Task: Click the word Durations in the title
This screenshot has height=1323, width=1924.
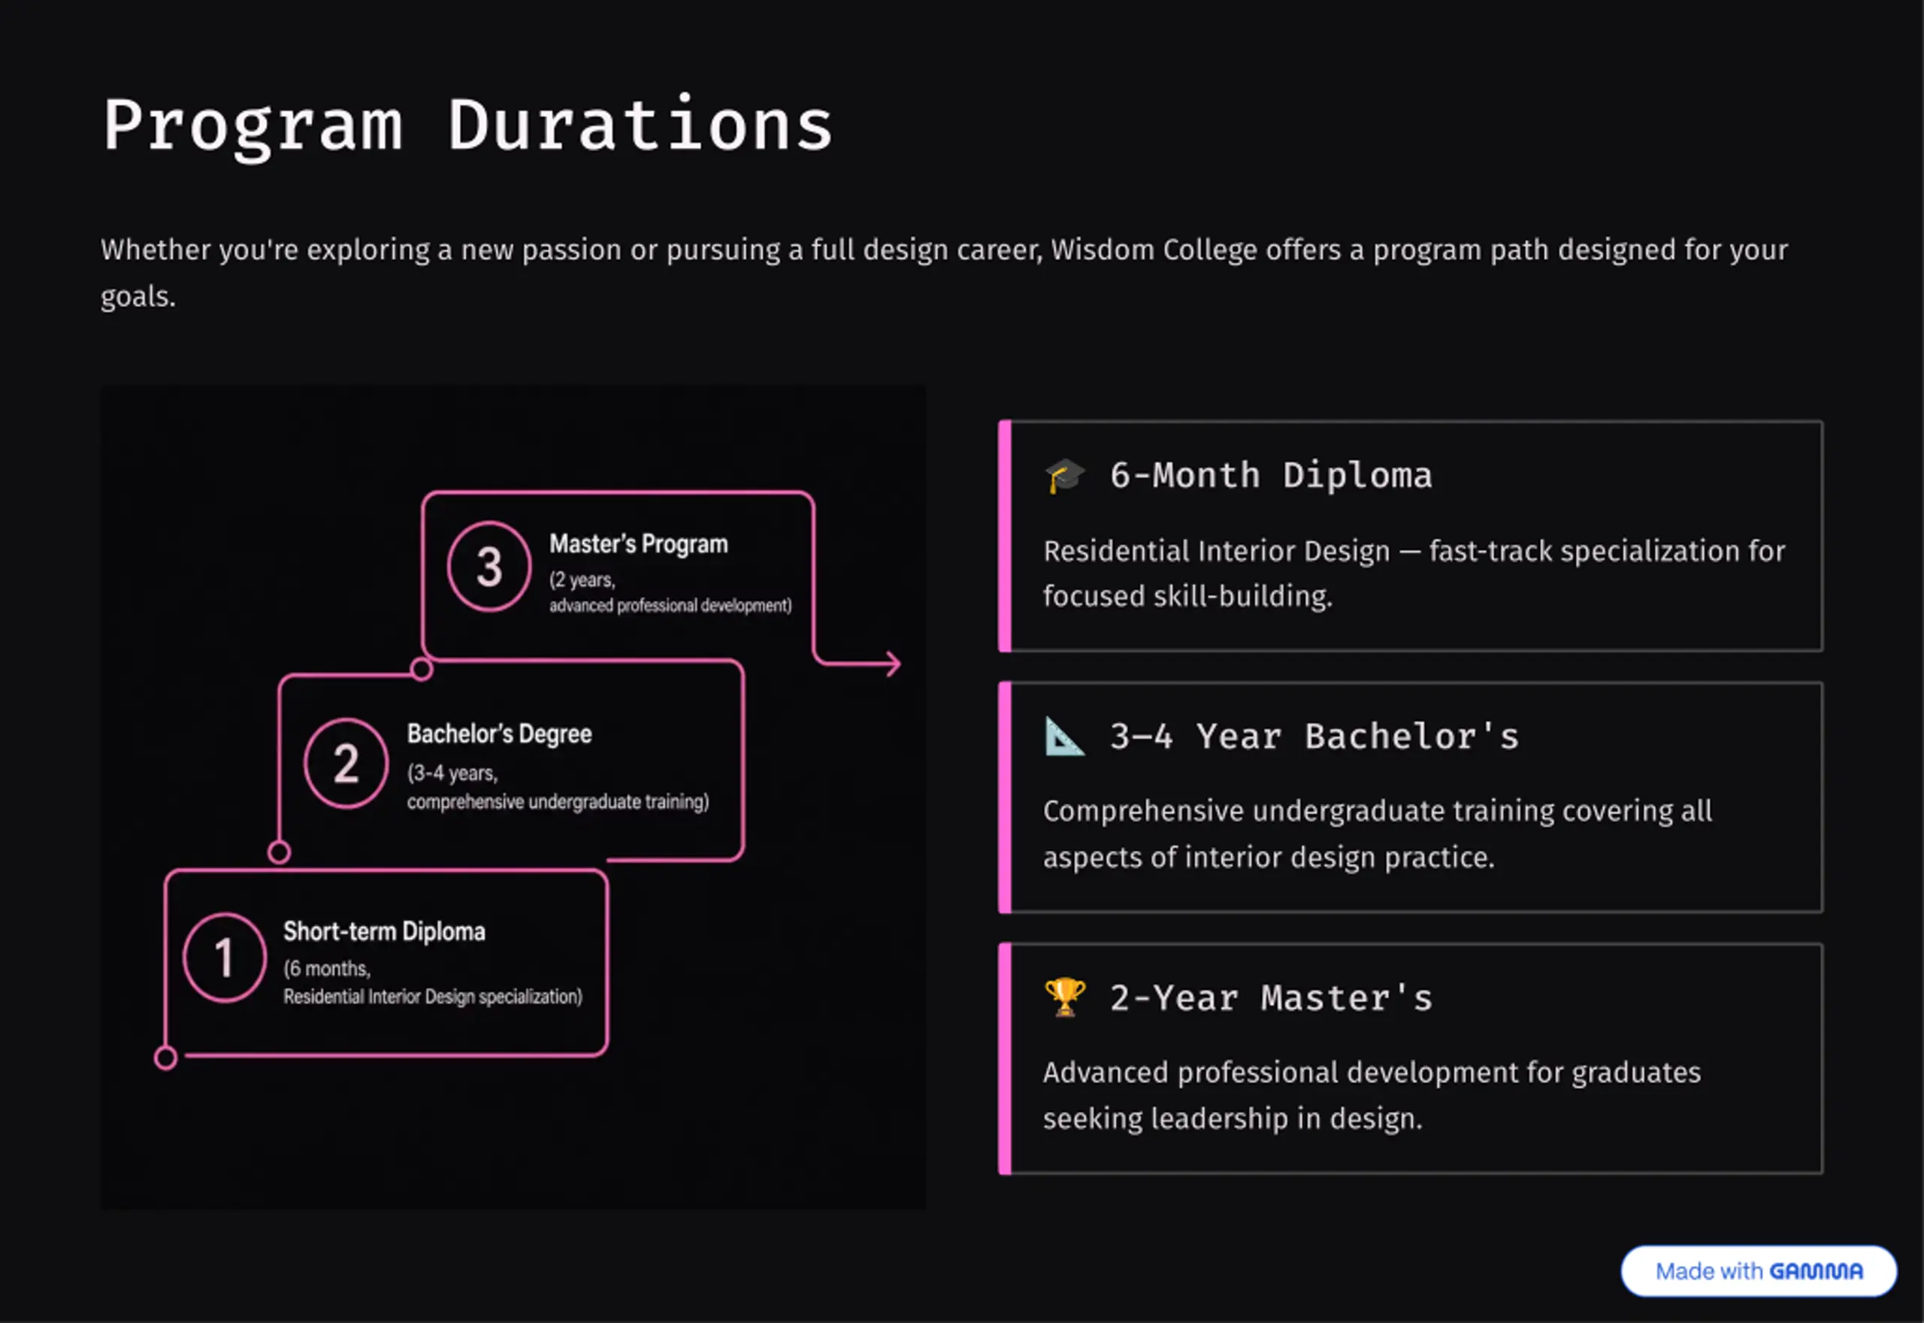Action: [640, 126]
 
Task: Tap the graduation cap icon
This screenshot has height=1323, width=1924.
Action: [1065, 476]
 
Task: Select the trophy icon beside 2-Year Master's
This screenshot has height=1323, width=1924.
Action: [1065, 998]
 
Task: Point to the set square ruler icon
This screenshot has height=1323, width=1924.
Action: [1065, 736]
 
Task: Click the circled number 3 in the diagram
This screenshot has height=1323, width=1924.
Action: [489, 567]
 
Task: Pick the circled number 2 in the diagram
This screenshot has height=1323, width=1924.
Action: [346, 764]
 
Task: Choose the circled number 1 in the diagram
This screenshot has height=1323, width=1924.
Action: [225, 958]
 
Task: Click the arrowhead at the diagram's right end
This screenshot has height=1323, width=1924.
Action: [893, 663]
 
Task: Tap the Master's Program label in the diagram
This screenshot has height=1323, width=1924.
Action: [639, 543]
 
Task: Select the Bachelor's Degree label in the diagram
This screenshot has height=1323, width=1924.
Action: [500, 734]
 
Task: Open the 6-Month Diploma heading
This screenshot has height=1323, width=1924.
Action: [1271, 476]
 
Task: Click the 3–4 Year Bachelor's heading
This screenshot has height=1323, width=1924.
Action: [1314, 736]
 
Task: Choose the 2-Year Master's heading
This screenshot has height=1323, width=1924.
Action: [1271, 998]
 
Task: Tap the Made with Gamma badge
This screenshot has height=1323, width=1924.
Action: [1759, 1271]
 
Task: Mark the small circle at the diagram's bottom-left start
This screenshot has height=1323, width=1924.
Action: [165, 1058]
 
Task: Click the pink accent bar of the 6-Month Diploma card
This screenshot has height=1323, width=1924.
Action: [1005, 535]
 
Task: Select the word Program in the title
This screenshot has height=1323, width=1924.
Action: [253, 127]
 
